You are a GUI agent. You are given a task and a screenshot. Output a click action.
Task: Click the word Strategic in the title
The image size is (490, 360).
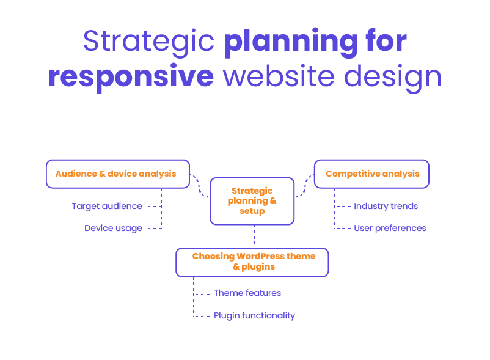click(148, 42)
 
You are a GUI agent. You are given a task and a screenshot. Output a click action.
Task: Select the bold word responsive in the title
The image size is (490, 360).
click(131, 77)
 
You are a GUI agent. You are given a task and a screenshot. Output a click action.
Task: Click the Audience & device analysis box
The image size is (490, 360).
click(117, 174)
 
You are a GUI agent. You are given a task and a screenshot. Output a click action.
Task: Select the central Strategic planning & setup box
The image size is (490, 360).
click(252, 200)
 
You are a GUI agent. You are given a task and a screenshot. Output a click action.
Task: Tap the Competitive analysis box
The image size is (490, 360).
click(371, 174)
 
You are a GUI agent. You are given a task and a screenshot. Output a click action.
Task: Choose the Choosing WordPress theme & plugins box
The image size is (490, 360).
click(252, 262)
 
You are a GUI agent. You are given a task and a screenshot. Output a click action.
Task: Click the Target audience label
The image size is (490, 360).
click(106, 207)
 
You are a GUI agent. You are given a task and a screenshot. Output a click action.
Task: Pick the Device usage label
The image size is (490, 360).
click(113, 229)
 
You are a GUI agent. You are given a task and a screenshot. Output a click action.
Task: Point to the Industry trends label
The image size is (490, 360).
click(386, 207)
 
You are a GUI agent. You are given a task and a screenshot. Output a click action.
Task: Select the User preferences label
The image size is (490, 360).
click(390, 229)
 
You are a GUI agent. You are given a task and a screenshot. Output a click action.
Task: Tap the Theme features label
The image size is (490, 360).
click(247, 293)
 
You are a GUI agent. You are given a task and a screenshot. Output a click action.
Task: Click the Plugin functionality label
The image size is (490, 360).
click(254, 316)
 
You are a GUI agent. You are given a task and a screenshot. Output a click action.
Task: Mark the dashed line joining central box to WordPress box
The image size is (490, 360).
click(254, 236)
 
